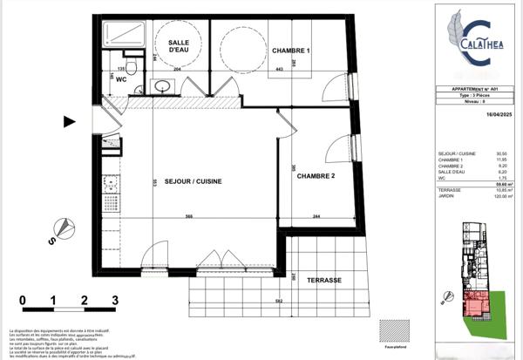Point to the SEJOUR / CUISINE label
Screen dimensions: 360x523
pos(193,181)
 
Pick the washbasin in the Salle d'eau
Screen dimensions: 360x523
pos(161,86)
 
